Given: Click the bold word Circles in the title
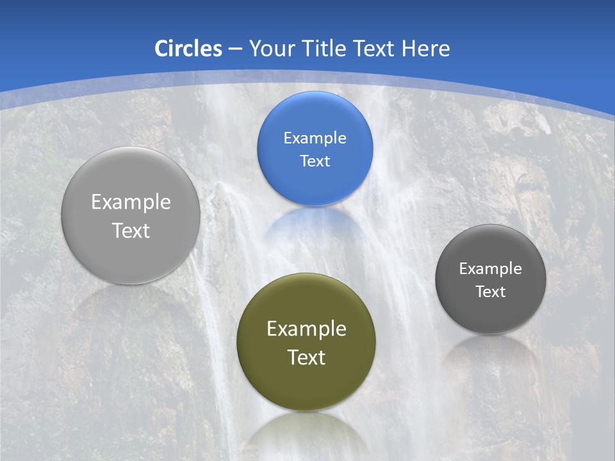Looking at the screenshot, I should coord(188,49).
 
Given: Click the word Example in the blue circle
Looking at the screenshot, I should coord(315,138).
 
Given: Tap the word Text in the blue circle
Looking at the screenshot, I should coord(315,161).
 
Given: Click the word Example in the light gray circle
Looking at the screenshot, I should coord(131,202).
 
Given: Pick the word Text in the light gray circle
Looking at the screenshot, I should coord(131,230).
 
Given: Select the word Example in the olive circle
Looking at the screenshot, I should coord(306,329).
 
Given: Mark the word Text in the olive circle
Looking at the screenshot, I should coord(306,357).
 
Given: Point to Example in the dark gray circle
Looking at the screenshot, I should coord(491,269).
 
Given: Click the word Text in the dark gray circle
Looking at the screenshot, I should coord(491,292).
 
